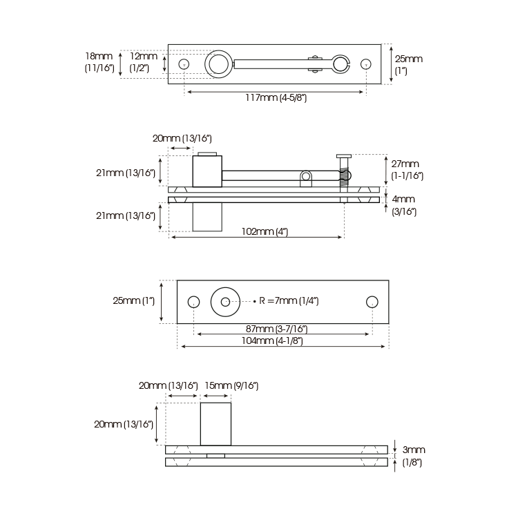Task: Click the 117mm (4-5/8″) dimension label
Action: (276, 98)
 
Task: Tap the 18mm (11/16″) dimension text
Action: (99, 62)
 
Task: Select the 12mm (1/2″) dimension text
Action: (144, 62)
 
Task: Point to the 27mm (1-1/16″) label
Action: (407, 170)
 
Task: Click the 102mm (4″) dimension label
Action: (265, 231)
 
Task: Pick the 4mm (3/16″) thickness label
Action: (404, 205)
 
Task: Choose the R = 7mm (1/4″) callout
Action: (289, 301)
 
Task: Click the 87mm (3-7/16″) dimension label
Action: (276, 329)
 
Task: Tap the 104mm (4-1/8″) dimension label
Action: (272, 340)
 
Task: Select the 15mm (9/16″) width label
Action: (231, 385)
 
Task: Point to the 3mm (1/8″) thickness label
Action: (413, 456)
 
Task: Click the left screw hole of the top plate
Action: (184, 64)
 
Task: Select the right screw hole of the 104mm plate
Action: (372, 302)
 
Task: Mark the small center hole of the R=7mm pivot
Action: (225, 302)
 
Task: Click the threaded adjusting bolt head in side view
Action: (344, 156)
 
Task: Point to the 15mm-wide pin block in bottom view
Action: (215, 424)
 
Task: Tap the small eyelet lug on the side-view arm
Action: (306, 179)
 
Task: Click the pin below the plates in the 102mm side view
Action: (207, 217)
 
